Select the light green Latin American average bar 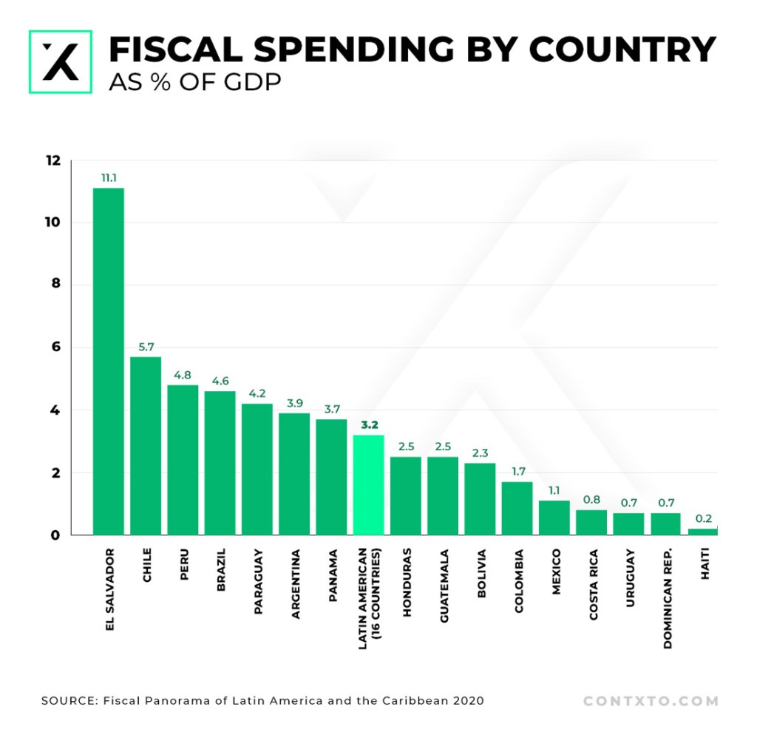click(x=368, y=484)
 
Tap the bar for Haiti click(x=702, y=531)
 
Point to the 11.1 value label click(x=109, y=178)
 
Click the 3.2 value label click(x=368, y=425)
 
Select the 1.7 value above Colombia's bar click(x=517, y=472)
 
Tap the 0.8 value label click(x=591, y=500)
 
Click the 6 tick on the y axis click(x=58, y=348)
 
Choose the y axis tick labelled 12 click(x=54, y=160)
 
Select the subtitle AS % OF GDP click(x=194, y=81)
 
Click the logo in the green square click(x=60, y=61)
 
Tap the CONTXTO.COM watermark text click(x=651, y=700)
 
